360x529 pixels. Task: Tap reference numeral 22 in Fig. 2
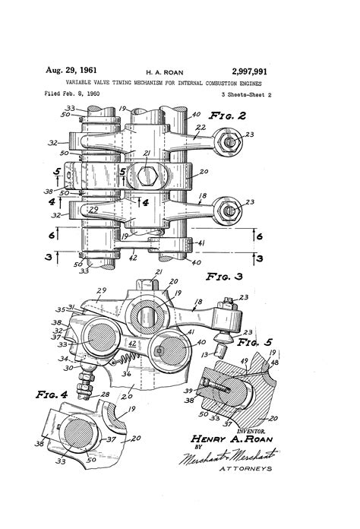(x=201, y=127)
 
